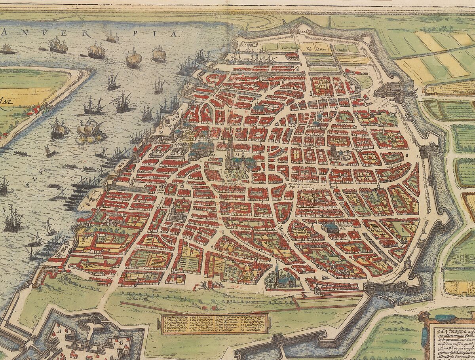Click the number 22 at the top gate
pos(302,32)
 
